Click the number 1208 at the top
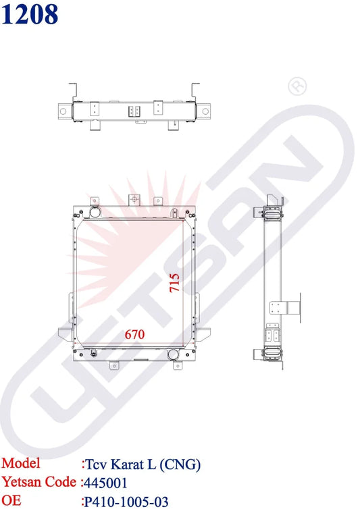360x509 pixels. click(x=30, y=15)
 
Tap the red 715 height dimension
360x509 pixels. click(x=174, y=282)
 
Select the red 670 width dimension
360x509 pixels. click(x=134, y=334)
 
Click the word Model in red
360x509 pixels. click(x=21, y=463)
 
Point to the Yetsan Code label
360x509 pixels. click(x=39, y=482)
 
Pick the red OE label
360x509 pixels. click(x=11, y=500)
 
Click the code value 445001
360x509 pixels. click(x=105, y=483)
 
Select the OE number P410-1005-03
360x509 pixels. click(x=126, y=502)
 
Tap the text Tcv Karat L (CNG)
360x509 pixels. click(x=143, y=464)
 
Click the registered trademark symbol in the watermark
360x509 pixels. click(x=297, y=86)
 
